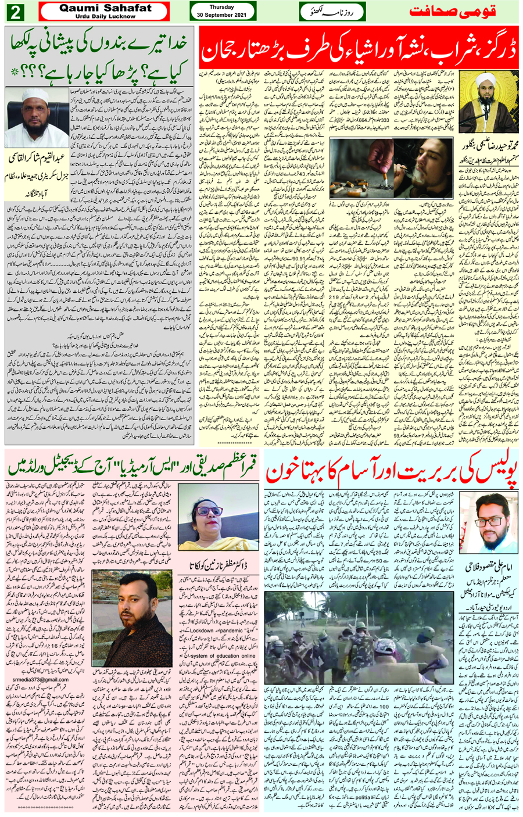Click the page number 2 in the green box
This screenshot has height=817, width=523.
(15, 12)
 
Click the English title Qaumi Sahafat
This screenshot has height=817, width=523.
(105, 8)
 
